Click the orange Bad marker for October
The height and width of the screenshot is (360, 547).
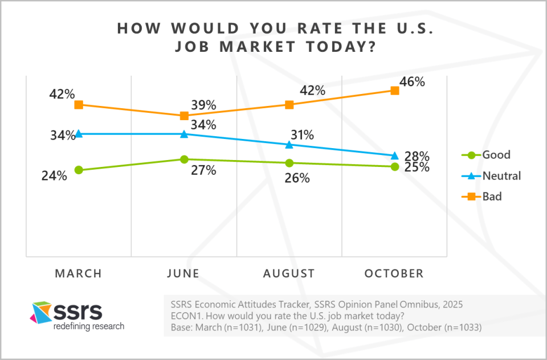pos(394,90)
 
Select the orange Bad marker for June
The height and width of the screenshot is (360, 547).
pos(184,116)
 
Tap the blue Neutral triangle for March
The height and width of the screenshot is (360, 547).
pos(79,134)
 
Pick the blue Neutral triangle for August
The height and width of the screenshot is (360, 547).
pos(289,145)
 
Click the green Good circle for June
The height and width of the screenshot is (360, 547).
pos(184,159)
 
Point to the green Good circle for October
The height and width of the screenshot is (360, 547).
pos(394,166)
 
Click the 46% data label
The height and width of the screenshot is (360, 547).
pos(412,81)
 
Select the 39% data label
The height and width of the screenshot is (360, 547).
pos(203,105)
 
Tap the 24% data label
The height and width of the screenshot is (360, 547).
pos(54,176)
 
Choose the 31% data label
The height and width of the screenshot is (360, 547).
pos(301,135)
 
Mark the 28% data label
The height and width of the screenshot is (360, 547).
pos(417,156)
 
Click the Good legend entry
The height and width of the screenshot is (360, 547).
pos(496,155)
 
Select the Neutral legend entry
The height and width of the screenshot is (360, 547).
pos(501,175)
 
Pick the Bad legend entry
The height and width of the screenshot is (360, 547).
pos(492,197)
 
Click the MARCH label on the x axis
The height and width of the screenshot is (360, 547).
pos(79,274)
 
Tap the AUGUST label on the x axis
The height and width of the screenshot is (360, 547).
pos(289,274)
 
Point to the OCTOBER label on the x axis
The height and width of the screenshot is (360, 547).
pos(394,274)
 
